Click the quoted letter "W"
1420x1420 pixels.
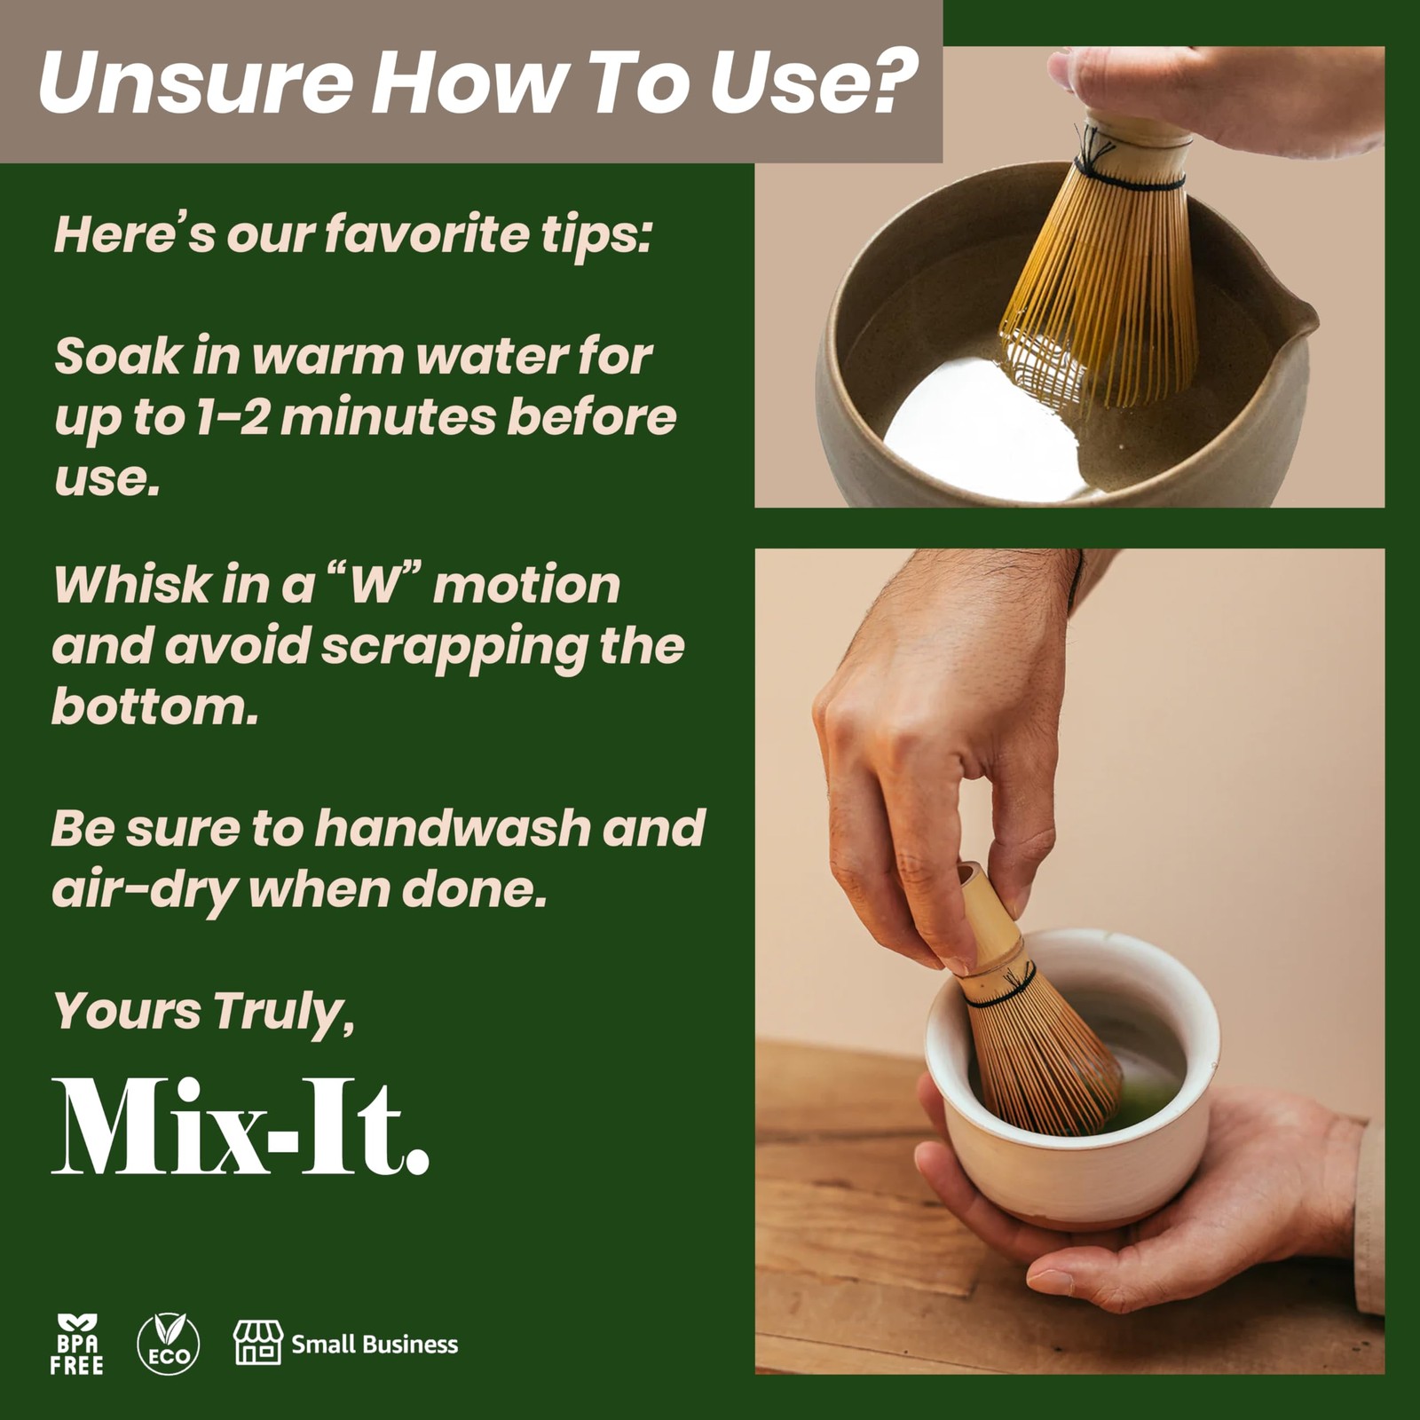click(x=372, y=587)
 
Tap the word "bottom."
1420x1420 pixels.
click(x=155, y=706)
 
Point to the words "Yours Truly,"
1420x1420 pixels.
click(x=204, y=1011)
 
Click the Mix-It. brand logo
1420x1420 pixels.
click(x=241, y=1127)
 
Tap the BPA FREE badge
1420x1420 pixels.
click(x=76, y=1345)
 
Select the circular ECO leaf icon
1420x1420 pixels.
click(x=169, y=1344)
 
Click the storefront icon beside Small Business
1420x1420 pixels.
click(x=257, y=1342)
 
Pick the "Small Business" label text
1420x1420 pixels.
click(x=375, y=1344)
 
